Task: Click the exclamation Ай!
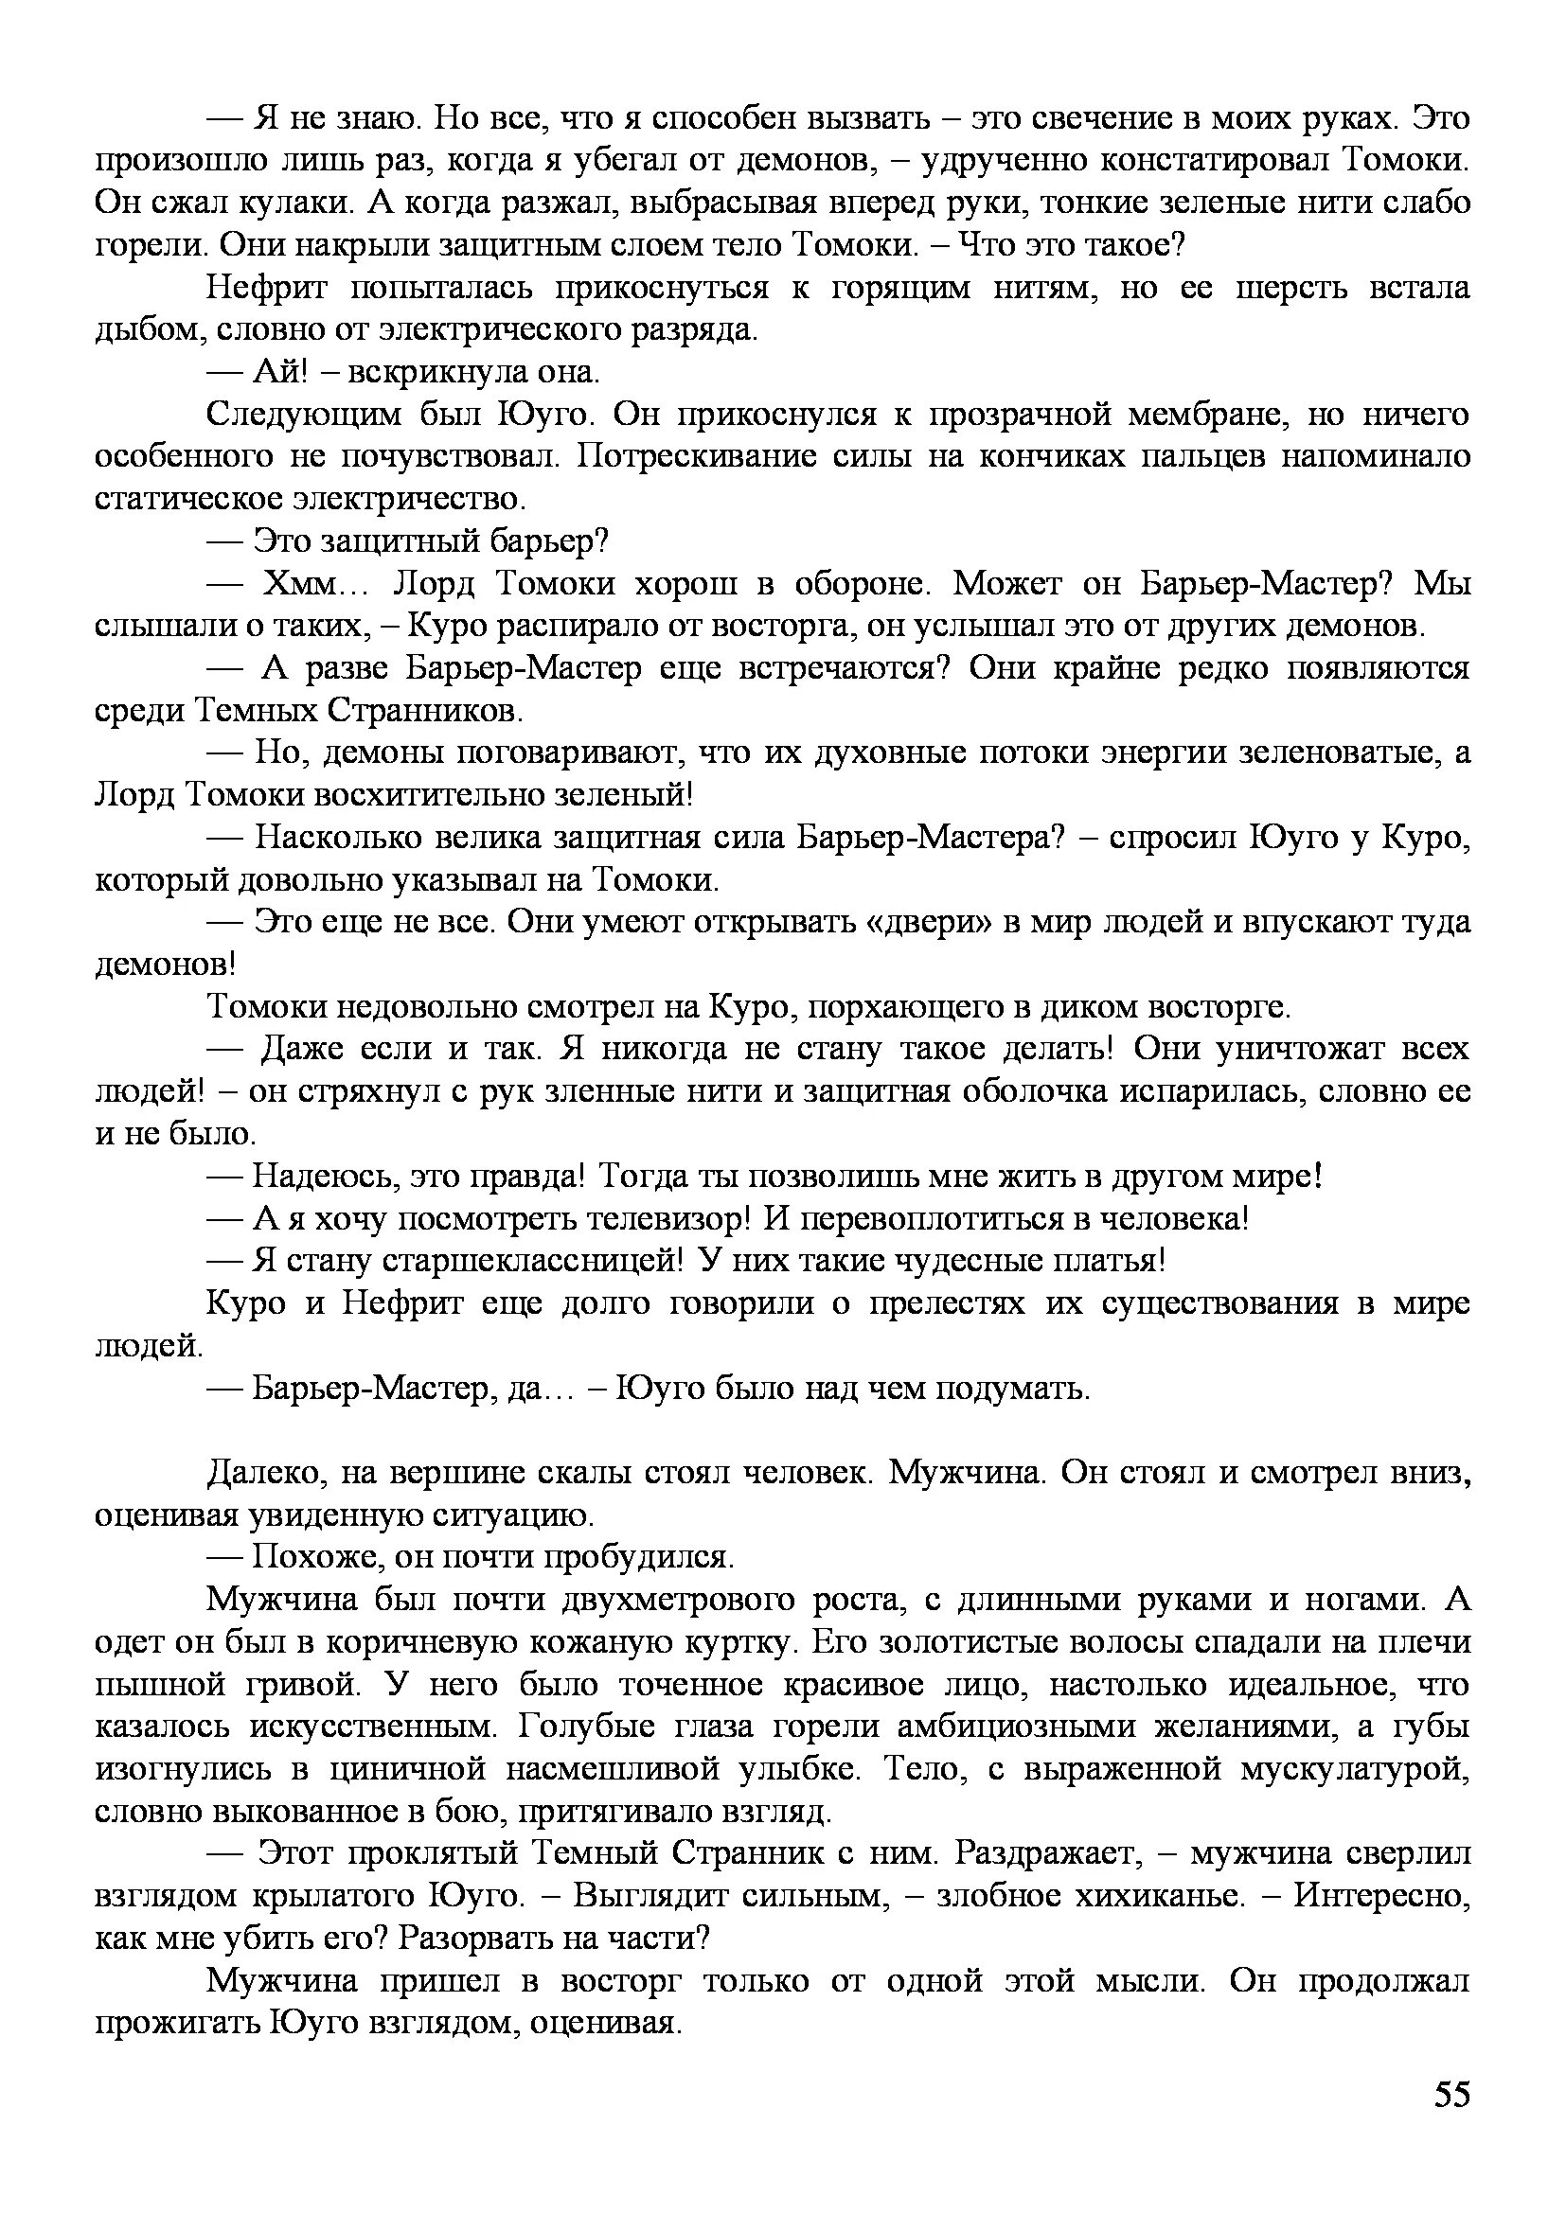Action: click(279, 372)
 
